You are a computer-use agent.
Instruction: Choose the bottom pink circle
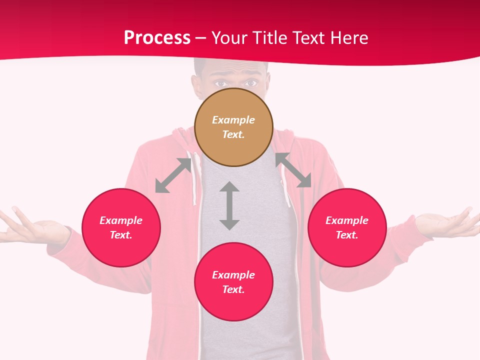tap(233, 305)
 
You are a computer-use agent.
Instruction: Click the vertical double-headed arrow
tap(229, 206)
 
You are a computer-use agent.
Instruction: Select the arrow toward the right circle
tap(293, 170)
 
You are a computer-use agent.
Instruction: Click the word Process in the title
tap(157, 38)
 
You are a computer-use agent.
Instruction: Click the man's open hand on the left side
tap(30, 227)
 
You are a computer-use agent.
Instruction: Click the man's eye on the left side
tap(219, 83)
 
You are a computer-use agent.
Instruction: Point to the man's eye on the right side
tap(250, 83)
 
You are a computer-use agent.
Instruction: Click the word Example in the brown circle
tap(233, 120)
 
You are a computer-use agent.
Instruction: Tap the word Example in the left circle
tap(121, 220)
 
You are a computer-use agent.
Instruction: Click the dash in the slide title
tap(201, 38)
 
